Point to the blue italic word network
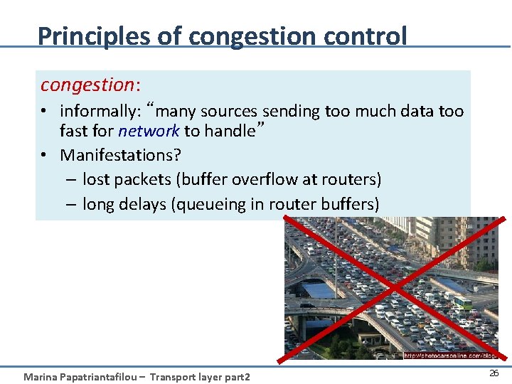coord(149,131)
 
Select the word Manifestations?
coord(121,155)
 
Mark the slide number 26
coord(494,373)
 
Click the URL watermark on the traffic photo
coord(449,355)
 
